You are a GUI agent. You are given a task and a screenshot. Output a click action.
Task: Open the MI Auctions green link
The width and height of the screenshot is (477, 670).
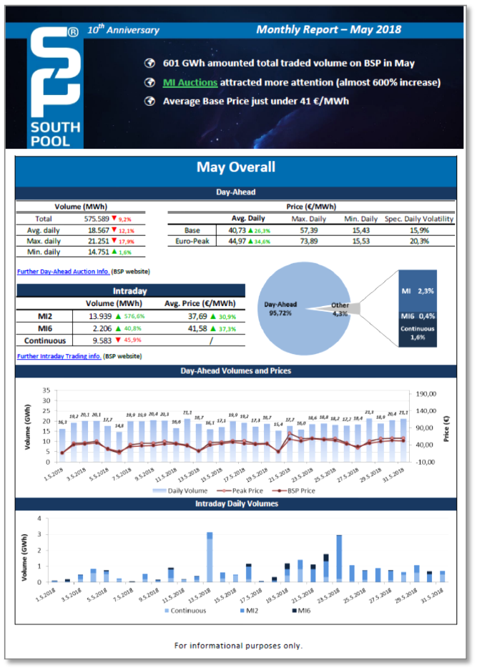pyautogui.click(x=190, y=82)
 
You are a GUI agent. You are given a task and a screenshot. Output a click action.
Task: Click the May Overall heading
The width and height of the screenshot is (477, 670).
pyautogui.click(x=235, y=167)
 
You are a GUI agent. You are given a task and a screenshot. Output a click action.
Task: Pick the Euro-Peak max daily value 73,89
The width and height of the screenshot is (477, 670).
pyautogui.click(x=304, y=242)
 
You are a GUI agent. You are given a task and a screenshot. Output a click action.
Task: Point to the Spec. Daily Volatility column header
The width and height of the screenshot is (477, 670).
pyautogui.click(x=418, y=218)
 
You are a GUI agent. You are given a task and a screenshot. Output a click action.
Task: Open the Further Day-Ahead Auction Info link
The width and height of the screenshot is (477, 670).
pyautogui.click(x=63, y=272)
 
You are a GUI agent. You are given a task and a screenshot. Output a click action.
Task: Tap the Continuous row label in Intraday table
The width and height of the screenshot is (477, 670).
pyautogui.click(x=46, y=340)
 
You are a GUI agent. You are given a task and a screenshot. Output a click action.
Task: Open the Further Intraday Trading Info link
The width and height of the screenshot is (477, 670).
pyautogui.click(x=59, y=355)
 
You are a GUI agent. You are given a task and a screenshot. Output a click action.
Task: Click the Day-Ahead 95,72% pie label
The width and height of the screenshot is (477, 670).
pyautogui.click(x=280, y=308)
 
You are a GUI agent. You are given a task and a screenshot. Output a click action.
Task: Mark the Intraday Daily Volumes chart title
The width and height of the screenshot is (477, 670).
pyautogui.click(x=235, y=504)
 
